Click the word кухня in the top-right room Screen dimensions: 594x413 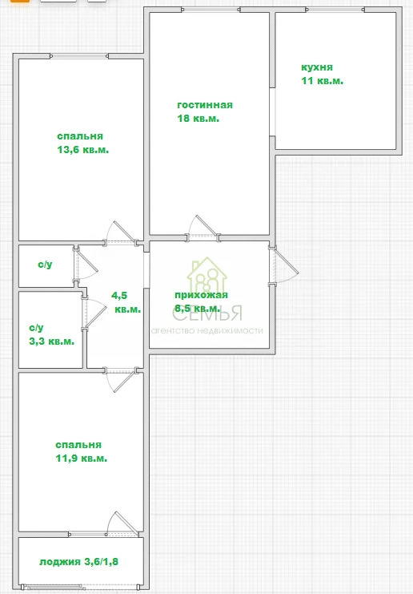click(x=317, y=68)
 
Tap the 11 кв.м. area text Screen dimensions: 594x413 click(x=322, y=81)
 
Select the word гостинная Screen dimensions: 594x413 click(x=205, y=105)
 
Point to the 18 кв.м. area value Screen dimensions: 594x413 click(x=198, y=118)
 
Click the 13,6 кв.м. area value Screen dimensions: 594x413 click(x=82, y=150)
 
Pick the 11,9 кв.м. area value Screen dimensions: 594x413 click(x=81, y=459)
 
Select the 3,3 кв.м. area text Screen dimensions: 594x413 click(x=51, y=341)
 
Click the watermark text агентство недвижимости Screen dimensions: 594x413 click(x=207, y=331)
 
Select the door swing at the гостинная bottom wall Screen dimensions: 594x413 click(x=202, y=227)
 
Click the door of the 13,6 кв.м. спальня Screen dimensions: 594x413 click(x=120, y=232)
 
